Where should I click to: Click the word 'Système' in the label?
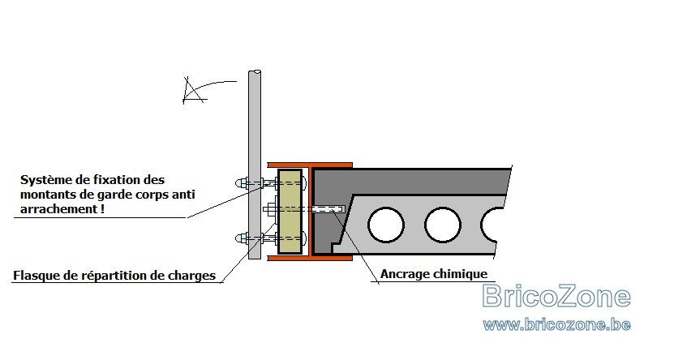[47, 179]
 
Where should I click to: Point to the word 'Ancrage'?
[405, 274]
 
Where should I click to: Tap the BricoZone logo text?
[556, 296]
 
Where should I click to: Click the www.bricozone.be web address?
[556, 324]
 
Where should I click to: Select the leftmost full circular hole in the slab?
[385, 225]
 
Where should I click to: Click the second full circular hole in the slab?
[443, 225]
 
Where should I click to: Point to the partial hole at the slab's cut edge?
[491, 225]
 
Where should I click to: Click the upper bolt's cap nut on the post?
[242, 183]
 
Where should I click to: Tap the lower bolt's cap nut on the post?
[242, 238]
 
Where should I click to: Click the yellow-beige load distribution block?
[290, 212]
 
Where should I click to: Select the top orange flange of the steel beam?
[310, 165]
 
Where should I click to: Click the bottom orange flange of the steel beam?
[310, 258]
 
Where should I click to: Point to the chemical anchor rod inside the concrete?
[328, 209]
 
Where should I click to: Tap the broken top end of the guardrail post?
[255, 72]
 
